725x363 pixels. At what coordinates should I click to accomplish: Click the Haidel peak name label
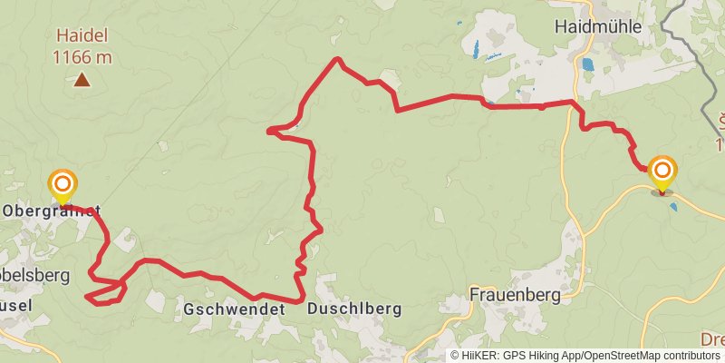click(82, 37)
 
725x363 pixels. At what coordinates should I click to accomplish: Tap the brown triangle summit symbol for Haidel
click(82, 80)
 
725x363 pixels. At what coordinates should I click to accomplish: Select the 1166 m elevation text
click(82, 57)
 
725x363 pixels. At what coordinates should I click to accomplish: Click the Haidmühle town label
click(597, 27)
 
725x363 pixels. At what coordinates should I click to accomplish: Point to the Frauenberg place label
click(515, 294)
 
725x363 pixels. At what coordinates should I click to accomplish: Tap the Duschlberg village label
click(353, 309)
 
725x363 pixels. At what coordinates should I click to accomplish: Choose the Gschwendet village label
click(234, 309)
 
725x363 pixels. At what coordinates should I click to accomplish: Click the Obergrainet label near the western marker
click(51, 211)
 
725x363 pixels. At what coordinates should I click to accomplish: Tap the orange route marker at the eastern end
click(662, 171)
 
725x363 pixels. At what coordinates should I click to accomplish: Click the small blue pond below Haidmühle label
click(588, 64)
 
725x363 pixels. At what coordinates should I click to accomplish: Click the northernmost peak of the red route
click(338, 60)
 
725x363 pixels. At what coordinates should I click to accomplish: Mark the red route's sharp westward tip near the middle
click(269, 132)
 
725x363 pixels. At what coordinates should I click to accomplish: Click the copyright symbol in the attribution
click(456, 356)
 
